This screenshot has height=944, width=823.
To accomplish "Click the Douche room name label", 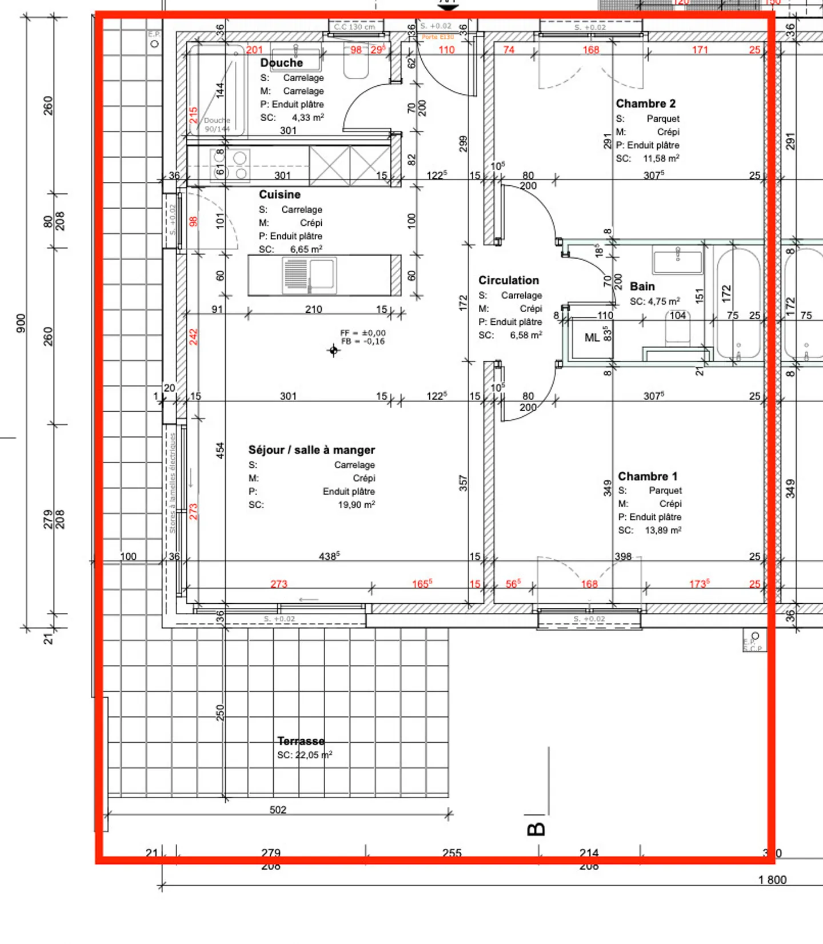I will click(281, 63).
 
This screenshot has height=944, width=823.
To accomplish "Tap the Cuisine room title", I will click(279, 194).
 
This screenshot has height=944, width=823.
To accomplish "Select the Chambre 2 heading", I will click(645, 103).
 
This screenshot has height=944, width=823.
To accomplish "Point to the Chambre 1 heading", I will click(648, 476).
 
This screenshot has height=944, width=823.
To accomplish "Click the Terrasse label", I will click(301, 741).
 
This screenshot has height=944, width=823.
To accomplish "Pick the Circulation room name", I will click(508, 280).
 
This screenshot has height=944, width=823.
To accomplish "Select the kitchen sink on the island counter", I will click(309, 275).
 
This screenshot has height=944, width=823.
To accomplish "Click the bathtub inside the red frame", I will click(738, 303).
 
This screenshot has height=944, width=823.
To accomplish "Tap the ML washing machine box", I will click(592, 338).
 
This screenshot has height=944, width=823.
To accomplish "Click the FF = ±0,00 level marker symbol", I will click(334, 350).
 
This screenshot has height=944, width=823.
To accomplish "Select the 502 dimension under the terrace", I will click(278, 810).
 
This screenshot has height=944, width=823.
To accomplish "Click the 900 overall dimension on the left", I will click(21, 323).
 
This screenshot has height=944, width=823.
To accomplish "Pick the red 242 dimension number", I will click(194, 337).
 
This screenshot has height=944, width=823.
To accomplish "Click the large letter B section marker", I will click(536, 829).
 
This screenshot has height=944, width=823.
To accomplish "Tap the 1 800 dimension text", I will click(772, 880).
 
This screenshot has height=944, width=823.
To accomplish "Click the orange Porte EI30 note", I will click(437, 37).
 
